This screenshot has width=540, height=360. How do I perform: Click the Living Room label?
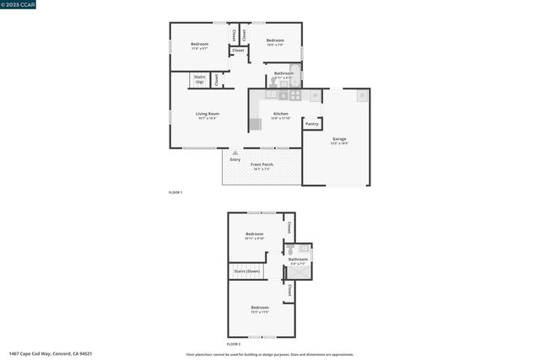coord(207,114)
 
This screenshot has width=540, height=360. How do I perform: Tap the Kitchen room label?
coord(281,114)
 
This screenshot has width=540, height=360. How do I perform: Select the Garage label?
coord(338,138)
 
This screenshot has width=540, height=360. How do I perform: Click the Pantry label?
coord(311,124)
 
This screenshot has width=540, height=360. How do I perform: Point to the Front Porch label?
coord(262,164)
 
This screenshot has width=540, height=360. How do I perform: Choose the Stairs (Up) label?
coord(200,78)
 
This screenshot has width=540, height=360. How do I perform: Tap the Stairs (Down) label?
coord(246,271)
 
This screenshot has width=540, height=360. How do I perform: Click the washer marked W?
coord(314,95)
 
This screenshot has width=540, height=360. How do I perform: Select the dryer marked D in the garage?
coord(362,95)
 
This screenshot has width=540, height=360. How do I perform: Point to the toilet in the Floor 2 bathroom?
coord(289,250)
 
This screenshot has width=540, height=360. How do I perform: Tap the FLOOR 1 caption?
coord(175,193)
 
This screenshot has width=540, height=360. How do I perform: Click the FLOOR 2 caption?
coord(234,345)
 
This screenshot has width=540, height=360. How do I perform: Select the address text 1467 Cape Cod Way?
coord(51,353)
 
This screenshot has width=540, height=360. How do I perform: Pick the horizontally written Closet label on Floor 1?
coord(238,51)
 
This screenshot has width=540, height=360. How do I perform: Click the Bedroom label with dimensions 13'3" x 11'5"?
coord(259,308)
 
